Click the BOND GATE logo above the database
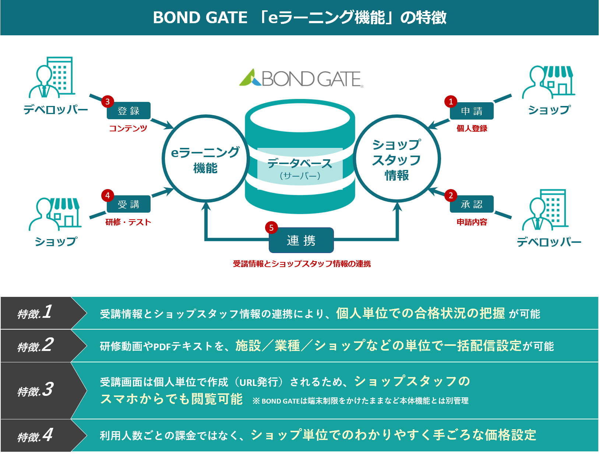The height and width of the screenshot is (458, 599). (x=301, y=78)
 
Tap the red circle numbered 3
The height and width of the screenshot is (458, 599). (x=108, y=102)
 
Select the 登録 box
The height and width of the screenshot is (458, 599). (x=128, y=111)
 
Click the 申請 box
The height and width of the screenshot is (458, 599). (x=472, y=111)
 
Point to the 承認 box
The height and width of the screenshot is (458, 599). (x=472, y=204)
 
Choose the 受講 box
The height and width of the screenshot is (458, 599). (x=128, y=204)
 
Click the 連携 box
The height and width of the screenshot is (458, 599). (x=301, y=241)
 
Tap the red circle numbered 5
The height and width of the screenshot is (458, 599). (x=271, y=228)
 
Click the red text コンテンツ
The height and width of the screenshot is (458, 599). (x=128, y=128)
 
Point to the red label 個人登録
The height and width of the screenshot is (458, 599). (x=472, y=128)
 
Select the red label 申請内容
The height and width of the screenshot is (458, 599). (x=472, y=222)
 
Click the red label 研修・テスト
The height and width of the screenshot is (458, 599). (x=128, y=222)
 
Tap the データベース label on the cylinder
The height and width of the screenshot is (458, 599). (x=300, y=164)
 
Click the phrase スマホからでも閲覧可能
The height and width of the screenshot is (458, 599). (x=172, y=399)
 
